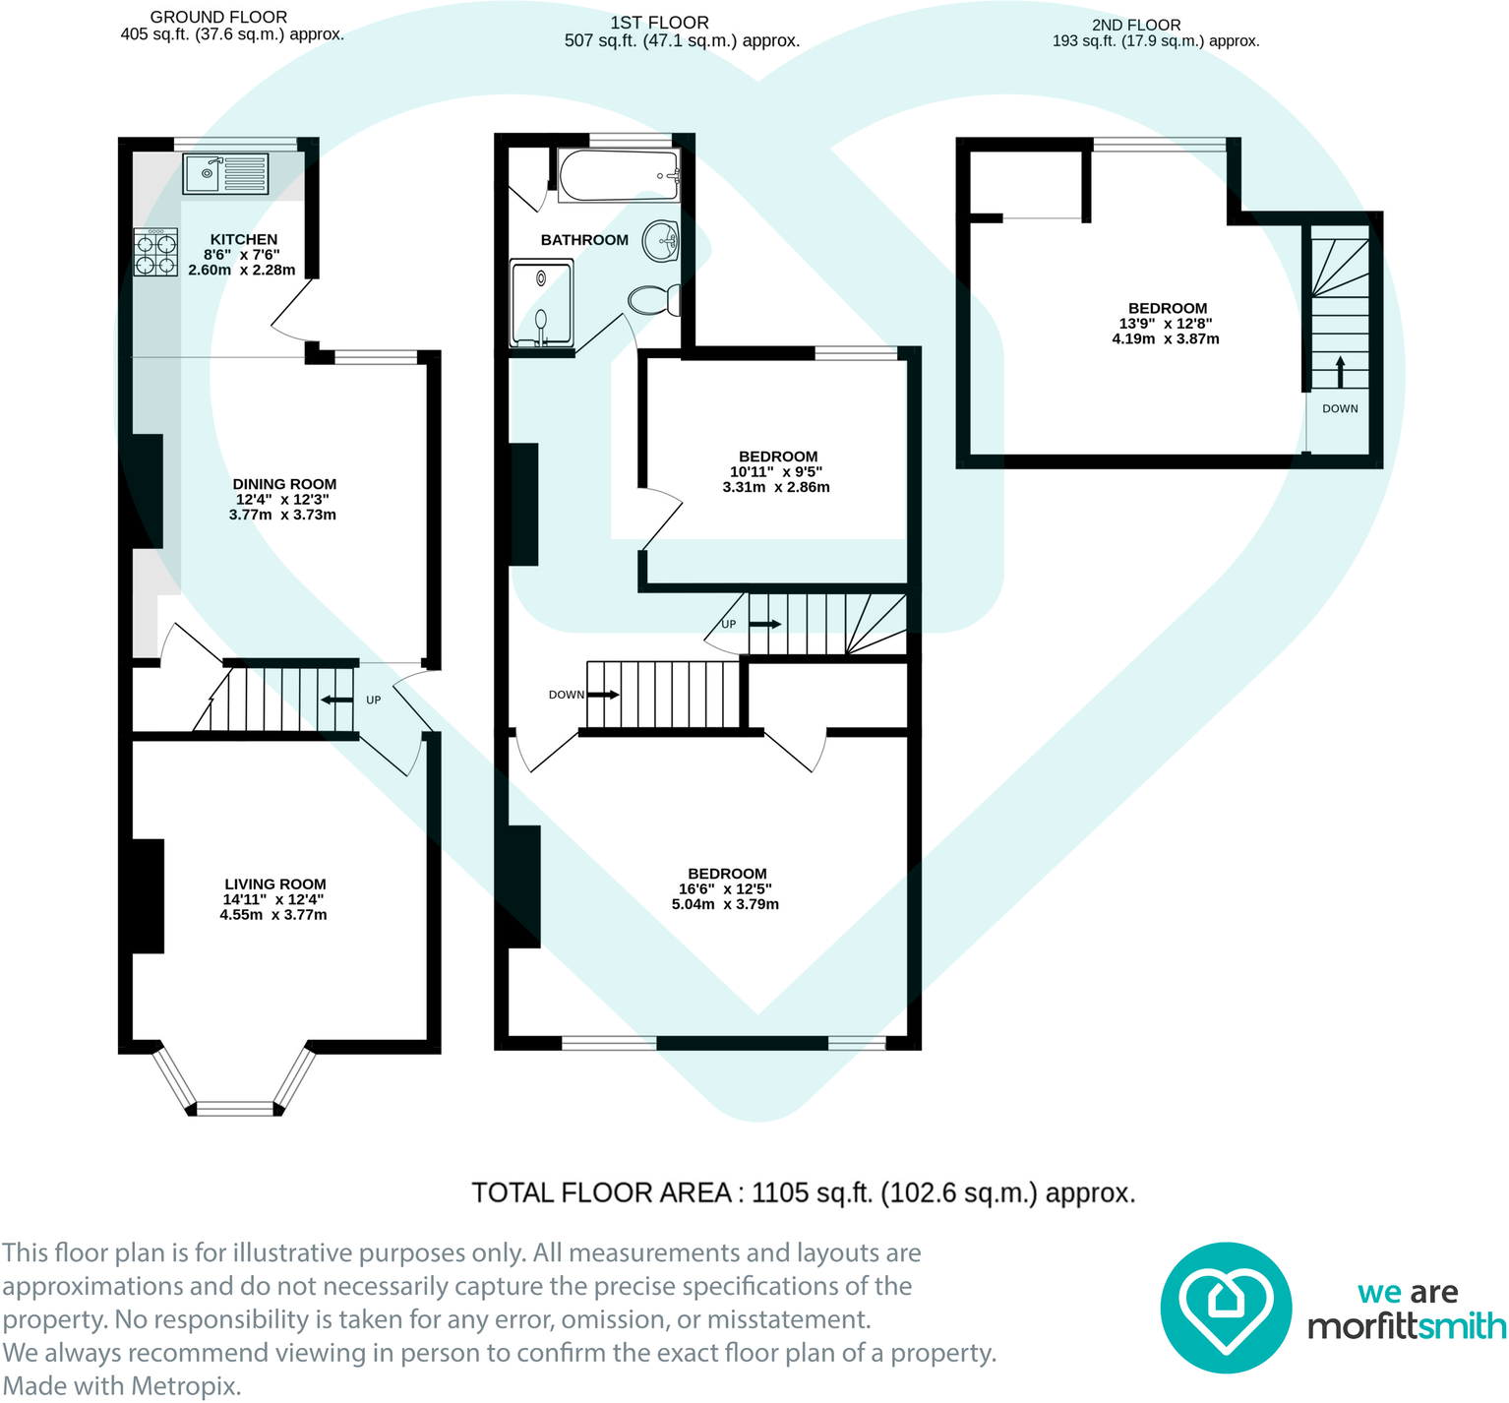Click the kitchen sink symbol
pyautogui.click(x=225, y=174)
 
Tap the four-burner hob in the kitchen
pyautogui.click(x=155, y=252)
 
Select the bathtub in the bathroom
pyautogui.click(x=618, y=175)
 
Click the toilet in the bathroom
pyautogui.click(x=654, y=299)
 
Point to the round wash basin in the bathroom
pyautogui.click(x=661, y=240)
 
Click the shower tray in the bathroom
pyautogui.click(x=541, y=303)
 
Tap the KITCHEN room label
pyautogui.click(x=243, y=239)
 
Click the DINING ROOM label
pyautogui.click(x=284, y=484)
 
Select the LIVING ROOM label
pyautogui.click(x=274, y=884)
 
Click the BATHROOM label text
pyautogui.click(x=584, y=240)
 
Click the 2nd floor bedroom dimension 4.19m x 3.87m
pyautogui.click(x=1166, y=338)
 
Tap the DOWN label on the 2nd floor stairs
pyautogui.click(x=1340, y=408)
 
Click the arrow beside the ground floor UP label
pyautogui.click(x=337, y=700)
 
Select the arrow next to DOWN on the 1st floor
pyautogui.click(x=604, y=695)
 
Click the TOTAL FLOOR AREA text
pyautogui.click(x=803, y=1192)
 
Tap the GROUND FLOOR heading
pyautogui.click(x=218, y=17)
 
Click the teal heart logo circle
pyautogui.click(x=1225, y=1308)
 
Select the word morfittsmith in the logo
pyautogui.click(x=1406, y=1326)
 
